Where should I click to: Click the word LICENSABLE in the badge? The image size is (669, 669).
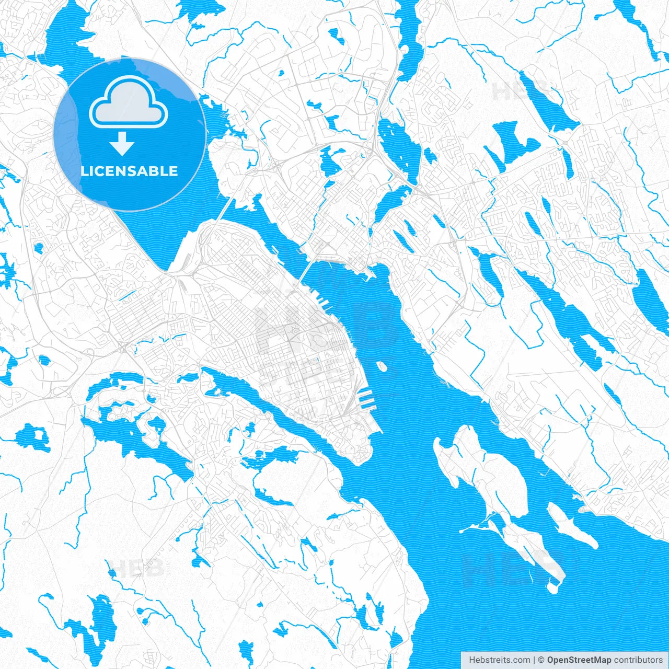(129, 171)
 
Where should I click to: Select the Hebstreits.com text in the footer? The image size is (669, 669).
(499, 660)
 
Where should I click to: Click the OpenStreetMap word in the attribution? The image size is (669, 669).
(579, 660)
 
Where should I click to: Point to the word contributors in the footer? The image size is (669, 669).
(638, 660)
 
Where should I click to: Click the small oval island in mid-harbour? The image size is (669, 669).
(382, 366)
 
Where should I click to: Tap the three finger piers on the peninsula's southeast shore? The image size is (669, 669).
(366, 399)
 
